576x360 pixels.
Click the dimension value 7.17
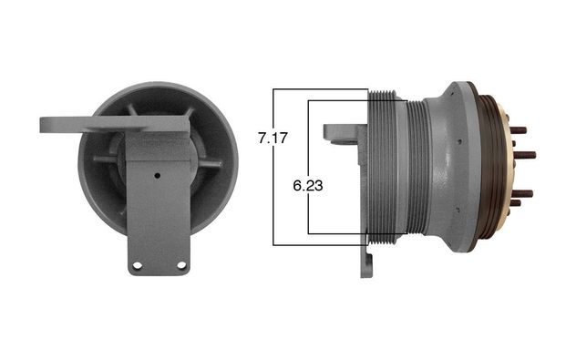tap(273, 139)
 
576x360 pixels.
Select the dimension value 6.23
tap(308, 186)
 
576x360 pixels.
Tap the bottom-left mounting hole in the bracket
tap(138, 265)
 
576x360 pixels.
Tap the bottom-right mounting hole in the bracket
tap(181, 265)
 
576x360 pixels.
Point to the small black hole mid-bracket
tap(158, 176)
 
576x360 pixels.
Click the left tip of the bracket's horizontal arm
tap(40, 125)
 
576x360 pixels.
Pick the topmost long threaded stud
tap(519, 130)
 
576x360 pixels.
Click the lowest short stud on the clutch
tap(515, 202)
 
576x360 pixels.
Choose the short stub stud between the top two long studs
tap(513, 143)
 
